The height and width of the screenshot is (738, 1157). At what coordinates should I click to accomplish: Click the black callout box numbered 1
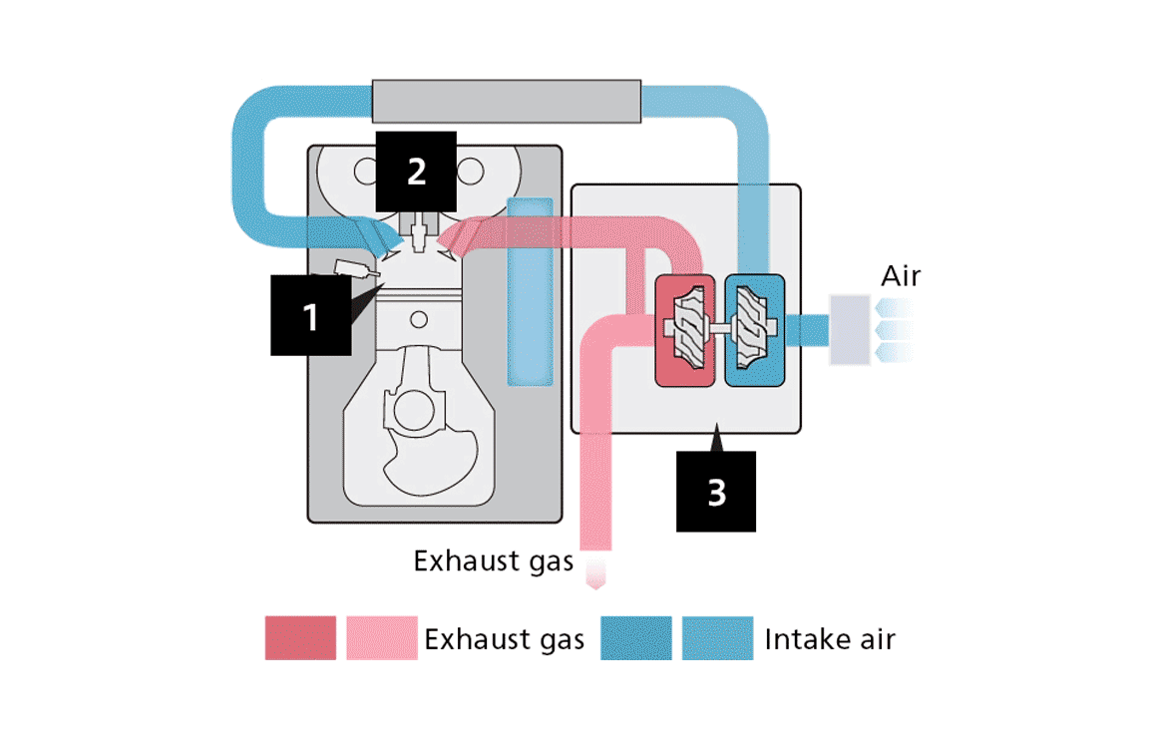[310, 316]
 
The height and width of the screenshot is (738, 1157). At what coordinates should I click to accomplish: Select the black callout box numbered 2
[416, 171]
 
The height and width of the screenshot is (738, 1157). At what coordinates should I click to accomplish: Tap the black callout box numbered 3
[716, 491]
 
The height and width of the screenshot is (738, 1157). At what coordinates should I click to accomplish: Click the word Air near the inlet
[901, 276]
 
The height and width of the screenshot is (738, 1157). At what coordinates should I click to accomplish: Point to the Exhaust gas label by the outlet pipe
[493, 560]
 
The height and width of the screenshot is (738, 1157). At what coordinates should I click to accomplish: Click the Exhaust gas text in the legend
[504, 638]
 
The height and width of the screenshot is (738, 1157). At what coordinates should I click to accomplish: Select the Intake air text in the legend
[830, 638]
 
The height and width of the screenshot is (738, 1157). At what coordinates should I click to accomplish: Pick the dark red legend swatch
[300, 638]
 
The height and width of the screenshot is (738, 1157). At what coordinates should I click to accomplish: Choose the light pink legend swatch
[382, 638]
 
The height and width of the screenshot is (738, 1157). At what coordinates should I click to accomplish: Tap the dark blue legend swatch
[636, 638]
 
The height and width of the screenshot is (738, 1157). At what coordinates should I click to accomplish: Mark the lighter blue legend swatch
[718, 638]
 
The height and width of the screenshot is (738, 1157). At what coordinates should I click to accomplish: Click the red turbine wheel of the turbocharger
[685, 329]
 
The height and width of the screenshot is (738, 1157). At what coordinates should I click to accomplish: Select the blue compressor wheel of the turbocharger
[754, 329]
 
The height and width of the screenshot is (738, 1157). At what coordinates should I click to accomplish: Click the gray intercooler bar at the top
[506, 102]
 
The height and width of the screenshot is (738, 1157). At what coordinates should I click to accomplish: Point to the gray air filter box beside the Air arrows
[850, 329]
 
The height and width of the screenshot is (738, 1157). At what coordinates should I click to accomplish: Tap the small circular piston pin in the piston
[419, 319]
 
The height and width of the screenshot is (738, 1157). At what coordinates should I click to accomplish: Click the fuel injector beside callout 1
[355, 269]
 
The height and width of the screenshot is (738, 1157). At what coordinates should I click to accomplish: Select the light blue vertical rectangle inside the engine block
[529, 291]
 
